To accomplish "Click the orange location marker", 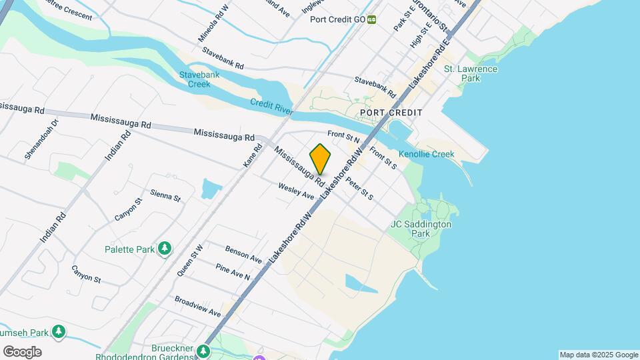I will tap(321, 159).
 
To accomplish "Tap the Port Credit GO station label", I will tap(338, 19).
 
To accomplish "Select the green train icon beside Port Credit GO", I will tap(372, 19).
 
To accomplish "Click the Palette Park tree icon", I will tap(165, 249).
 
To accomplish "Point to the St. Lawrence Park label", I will tap(471, 73).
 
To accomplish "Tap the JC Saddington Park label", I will tap(421, 229).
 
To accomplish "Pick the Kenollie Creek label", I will tap(426, 154).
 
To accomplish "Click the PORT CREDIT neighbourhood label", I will tap(391, 113).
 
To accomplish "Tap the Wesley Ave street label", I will tap(296, 191).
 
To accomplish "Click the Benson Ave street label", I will tap(243, 253).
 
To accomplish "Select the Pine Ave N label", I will tap(233, 271).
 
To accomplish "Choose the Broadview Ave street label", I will tap(197, 306).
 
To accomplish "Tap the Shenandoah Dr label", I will tap(42, 139).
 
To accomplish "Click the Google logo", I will tap(22, 352).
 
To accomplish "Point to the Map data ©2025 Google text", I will tap(599, 355).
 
